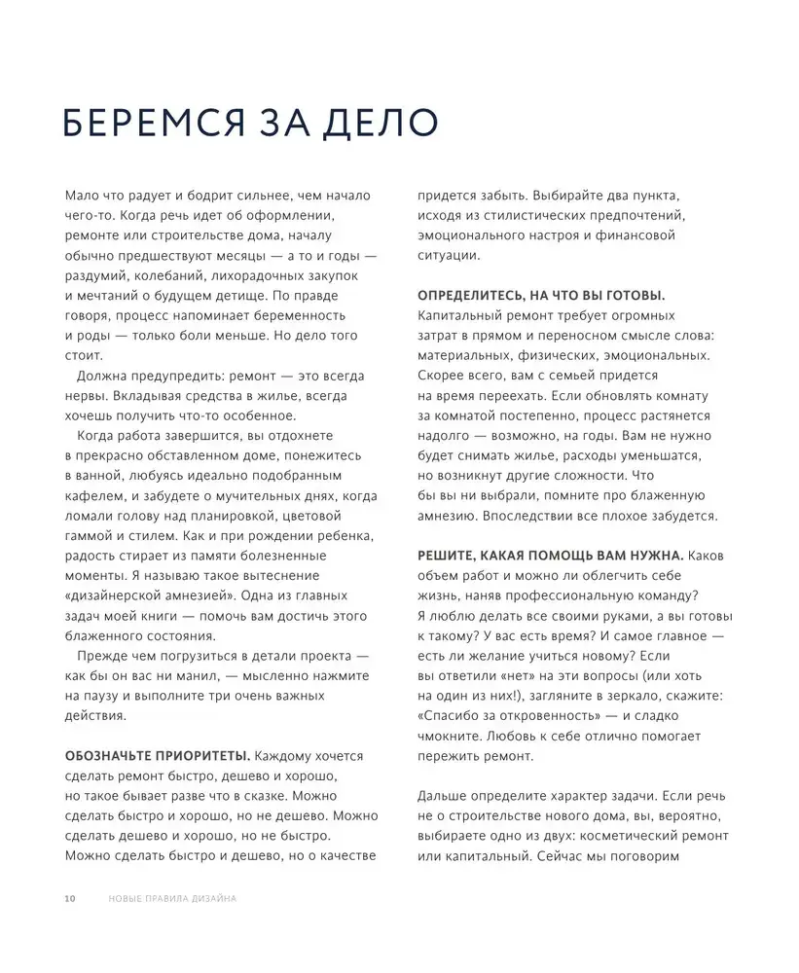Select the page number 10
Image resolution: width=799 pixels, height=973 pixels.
coord(69,898)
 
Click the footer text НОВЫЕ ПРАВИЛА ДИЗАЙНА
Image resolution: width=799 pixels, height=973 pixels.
coord(173,898)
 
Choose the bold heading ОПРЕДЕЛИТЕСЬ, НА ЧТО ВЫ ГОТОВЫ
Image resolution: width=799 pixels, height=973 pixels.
coord(541,295)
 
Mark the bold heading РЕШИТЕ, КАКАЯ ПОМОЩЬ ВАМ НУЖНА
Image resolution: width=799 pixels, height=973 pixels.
coord(550,555)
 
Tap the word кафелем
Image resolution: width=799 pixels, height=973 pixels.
coord(94,495)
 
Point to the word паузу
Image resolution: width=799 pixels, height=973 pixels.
coord(101,697)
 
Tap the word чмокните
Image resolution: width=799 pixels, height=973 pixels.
coord(453,736)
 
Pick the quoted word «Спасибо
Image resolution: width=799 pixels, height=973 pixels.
coord(454,716)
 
